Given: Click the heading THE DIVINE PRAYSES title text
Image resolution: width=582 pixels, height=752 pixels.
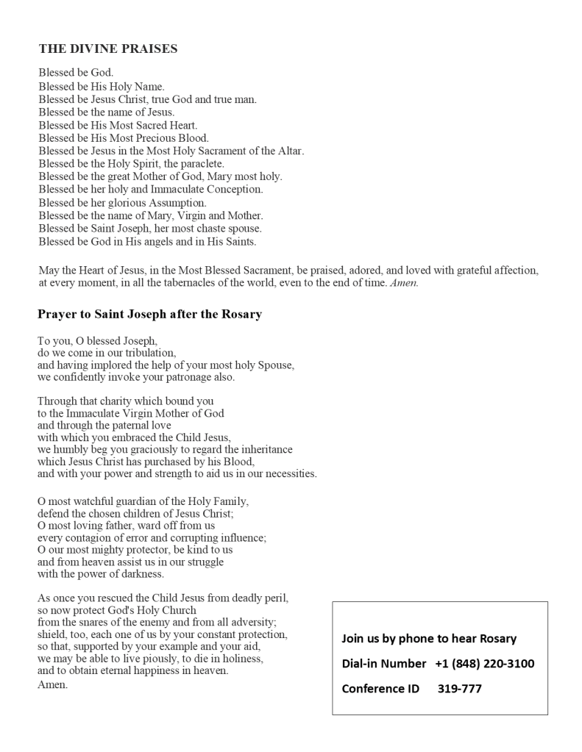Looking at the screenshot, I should [107, 49].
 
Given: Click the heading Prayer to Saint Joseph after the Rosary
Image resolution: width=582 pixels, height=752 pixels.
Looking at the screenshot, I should [149, 315].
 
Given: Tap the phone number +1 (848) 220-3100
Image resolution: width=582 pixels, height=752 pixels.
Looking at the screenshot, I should [484, 664].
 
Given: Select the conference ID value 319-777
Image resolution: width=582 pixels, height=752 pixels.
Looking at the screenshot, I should [460, 689].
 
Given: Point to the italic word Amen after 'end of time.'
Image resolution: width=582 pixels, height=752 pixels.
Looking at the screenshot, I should [404, 283].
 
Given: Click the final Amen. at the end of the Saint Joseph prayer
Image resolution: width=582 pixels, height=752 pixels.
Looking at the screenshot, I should [52, 684].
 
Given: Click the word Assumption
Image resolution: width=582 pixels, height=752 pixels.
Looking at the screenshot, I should [177, 203].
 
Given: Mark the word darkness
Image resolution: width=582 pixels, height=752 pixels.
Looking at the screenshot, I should [140, 574].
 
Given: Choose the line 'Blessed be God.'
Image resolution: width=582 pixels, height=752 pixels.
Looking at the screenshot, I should [76, 73].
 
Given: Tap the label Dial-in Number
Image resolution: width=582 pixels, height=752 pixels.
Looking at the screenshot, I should [383, 664].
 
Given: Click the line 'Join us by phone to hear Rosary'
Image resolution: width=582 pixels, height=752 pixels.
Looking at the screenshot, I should [429, 639].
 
